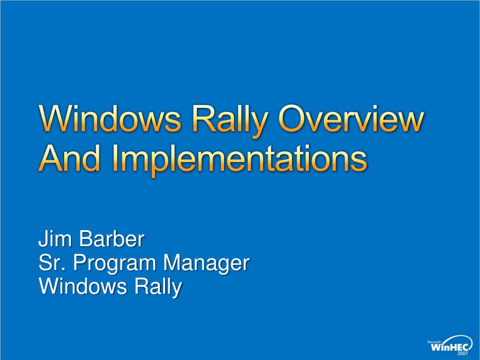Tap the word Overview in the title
352,119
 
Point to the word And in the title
69,157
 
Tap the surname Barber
112,239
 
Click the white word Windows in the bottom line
82,286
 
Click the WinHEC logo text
450,347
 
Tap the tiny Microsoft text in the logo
435,342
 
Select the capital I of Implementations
115,157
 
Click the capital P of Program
80,262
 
